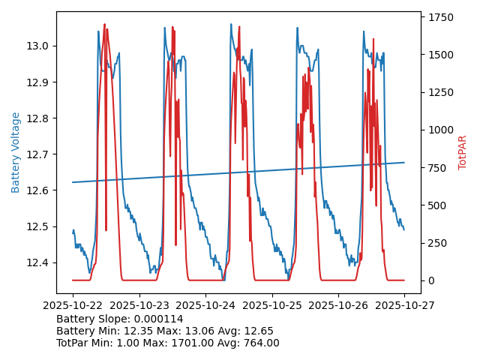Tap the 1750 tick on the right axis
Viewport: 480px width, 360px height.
pos(440,17)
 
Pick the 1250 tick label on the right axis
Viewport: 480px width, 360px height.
pos(440,92)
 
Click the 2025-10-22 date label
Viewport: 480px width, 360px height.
pos(73,305)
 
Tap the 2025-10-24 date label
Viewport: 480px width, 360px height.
pos(205,305)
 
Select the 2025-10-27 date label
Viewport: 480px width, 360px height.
pos(404,305)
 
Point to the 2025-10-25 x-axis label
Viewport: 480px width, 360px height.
pos(271,305)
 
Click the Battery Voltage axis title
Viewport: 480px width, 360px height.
pos(16,152)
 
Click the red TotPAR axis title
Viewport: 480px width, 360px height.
pos(463,152)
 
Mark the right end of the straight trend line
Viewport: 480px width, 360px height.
pos(404,162)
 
